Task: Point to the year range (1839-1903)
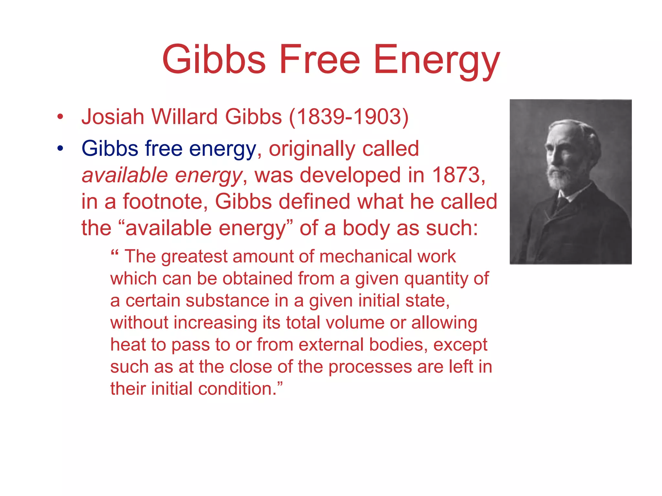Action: click(349, 117)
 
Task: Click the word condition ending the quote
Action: click(237, 388)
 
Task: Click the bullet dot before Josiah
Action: click(60, 117)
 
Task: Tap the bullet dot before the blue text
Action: click(60, 149)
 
